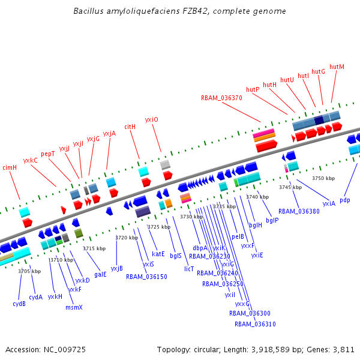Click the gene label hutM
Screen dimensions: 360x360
pos(337,67)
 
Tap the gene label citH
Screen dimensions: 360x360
pos(130,127)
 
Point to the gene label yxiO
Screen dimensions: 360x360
pos(151,119)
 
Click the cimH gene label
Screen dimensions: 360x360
pos(10,167)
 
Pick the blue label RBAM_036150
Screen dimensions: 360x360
pos(146,277)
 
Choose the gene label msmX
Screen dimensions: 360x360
pos(74,307)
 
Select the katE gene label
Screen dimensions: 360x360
pos(158,253)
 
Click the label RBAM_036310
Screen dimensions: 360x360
pos(255,324)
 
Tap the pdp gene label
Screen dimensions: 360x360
pos(344,200)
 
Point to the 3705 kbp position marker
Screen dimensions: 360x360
pos(29,271)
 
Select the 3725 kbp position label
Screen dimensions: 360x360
pos(159,227)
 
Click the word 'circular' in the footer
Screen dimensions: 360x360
pos(208,349)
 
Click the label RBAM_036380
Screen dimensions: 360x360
pos(299,211)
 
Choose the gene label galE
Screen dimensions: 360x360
pos(100,274)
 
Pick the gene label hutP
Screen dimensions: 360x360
pos(253,89)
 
